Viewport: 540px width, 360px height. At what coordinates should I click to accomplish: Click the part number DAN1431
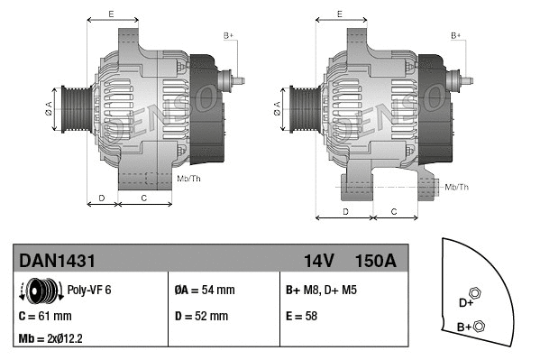pyautogui.click(x=58, y=261)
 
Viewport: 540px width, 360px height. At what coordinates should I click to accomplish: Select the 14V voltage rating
pyautogui.click(x=319, y=261)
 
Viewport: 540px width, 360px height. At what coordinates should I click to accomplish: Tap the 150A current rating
pyautogui.click(x=376, y=261)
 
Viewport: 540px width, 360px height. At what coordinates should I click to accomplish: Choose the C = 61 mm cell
pyautogui.click(x=45, y=316)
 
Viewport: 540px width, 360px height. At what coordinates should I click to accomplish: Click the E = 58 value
pyautogui.click(x=305, y=316)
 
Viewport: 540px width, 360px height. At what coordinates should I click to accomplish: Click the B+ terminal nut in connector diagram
pyautogui.click(x=479, y=326)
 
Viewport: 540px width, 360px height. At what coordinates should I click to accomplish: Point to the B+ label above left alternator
pyautogui.click(x=228, y=35)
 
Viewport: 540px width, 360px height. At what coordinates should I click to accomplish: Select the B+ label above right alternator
pyautogui.click(x=457, y=35)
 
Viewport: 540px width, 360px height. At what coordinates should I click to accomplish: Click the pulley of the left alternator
pyautogui.click(x=71, y=109)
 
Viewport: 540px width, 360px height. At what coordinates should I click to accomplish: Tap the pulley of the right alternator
pyautogui.click(x=297, y=109)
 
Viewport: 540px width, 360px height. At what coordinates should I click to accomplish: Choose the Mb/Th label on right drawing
pyautogui.click(x=457, y=187)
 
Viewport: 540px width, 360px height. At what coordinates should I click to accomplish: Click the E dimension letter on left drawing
pyautogui.click(x=110, y=14)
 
